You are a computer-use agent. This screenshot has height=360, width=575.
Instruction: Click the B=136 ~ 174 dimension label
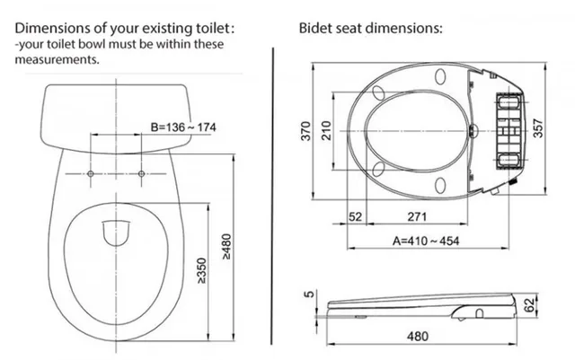[x=183, y=127]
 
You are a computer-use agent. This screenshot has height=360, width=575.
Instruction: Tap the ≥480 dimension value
[x=227, y=247]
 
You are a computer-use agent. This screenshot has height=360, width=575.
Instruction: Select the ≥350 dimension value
[x=201, y=270]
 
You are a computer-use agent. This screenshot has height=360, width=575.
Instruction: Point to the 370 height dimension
[x=305, y=131]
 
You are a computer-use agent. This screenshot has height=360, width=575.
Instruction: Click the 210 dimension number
[x=326, y=130]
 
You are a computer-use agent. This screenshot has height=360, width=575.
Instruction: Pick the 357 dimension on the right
[x=537, y=128]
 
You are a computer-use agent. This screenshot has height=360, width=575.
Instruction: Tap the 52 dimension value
[x=355, y=216]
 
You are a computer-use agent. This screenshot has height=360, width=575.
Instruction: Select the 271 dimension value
[x=417, y=216]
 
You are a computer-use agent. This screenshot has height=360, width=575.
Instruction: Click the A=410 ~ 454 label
[x=425, y=241]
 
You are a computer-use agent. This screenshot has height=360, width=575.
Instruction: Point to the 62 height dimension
[x=529, y=305]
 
